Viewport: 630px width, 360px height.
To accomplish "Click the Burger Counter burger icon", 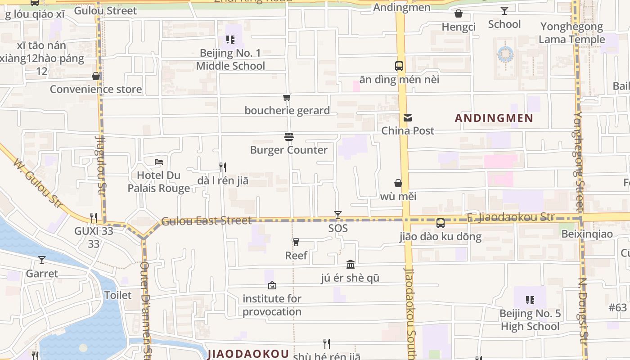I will click(289, 137).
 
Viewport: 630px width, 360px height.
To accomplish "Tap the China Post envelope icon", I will click(408, 118).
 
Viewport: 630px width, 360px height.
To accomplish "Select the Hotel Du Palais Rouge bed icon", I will click(158, 162).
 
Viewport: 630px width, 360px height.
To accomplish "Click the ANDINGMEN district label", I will click(494, 118).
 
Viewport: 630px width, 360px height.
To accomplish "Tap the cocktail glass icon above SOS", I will click(338, 215).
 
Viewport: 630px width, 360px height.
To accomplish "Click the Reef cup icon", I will click(296, 242).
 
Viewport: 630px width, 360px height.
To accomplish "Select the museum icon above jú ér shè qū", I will click(351, 264).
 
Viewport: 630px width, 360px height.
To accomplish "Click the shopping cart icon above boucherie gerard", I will click(287, 97).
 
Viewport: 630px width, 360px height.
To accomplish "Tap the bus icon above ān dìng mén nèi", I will click(399, 66).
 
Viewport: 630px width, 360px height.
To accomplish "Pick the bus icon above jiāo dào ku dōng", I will click(441, 223).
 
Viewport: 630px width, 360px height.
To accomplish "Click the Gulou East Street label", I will click(206, 221).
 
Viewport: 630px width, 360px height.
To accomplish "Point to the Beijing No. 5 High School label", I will click(530, 320).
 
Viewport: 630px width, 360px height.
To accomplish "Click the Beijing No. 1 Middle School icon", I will click(230, 40).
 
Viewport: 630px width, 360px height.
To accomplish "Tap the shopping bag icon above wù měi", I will click(398, 183).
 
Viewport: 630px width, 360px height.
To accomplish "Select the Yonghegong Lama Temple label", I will click(571, 33).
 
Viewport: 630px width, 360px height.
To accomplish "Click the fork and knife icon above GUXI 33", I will click(94, 218).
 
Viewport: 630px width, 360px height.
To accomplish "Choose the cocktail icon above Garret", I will click(42, 260).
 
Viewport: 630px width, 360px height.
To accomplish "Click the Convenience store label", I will click(95, 89).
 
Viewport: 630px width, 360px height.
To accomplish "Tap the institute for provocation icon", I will click(272, 285).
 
